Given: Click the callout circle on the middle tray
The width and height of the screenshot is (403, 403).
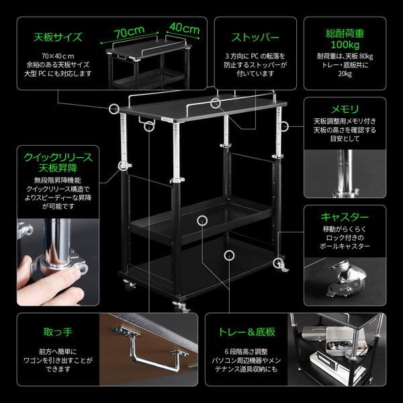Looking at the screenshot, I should click(201, 220).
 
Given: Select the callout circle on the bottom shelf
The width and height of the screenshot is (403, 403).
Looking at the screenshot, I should click(230, 255).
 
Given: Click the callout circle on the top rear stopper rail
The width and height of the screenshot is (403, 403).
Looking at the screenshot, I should click(215, 103).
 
